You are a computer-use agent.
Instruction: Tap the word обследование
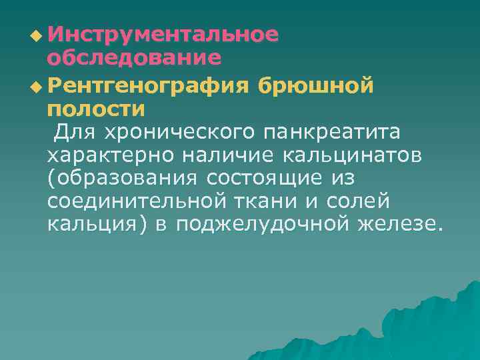[134, 58]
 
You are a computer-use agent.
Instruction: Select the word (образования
[123, 179]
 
